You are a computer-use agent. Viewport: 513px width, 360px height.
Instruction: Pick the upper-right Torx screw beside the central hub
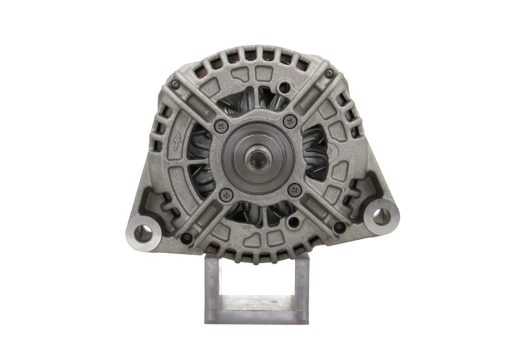[291, 119]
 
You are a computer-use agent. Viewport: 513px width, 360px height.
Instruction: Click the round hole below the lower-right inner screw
[294, 223]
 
